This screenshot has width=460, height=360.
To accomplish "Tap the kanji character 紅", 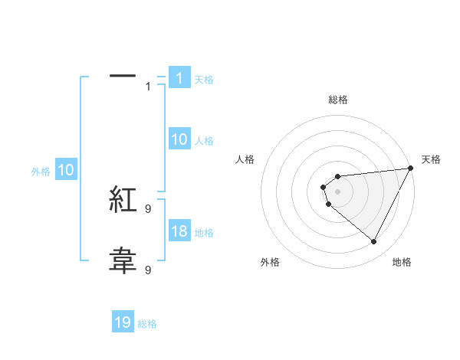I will pyautogui.click(x=123, y=201).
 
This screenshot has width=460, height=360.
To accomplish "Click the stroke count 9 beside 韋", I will pyautogui.click(x=148, y=270).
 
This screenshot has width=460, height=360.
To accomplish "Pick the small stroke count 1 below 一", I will pyautogui.click(x=148, y=87).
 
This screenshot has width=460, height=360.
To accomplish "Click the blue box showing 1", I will pyautogui.click(x=179, y=77).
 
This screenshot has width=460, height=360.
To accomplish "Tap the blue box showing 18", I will pyautogui.click(x=179, y=231).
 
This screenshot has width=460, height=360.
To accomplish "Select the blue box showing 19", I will pyautogui.click(x=123, y=322).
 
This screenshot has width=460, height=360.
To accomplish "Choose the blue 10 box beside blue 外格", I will pyautogui.click(x=66, y=170).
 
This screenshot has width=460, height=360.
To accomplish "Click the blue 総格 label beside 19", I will pyautogui.click(x=147, y=324).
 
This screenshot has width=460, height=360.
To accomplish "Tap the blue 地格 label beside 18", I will pyautogui.click(x=204, y=232).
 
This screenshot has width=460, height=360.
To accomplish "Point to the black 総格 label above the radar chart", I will pyautogui.click(x=338, y=100).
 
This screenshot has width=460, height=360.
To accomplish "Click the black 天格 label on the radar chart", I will pyautogui.click(x=431, y=159).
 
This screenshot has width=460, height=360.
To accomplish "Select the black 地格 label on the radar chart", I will pyautogui.click(x=402, y=262).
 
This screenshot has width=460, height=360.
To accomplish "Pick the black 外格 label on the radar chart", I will pyautogui.click(x=270, y=262).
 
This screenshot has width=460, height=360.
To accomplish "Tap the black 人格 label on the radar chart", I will pyautogui.click(x=245, y=159).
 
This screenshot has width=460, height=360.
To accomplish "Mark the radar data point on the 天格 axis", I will pyautogui.click(x=411, y=168).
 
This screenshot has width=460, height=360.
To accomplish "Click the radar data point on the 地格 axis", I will pyautogui.click(x=374, y=242).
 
